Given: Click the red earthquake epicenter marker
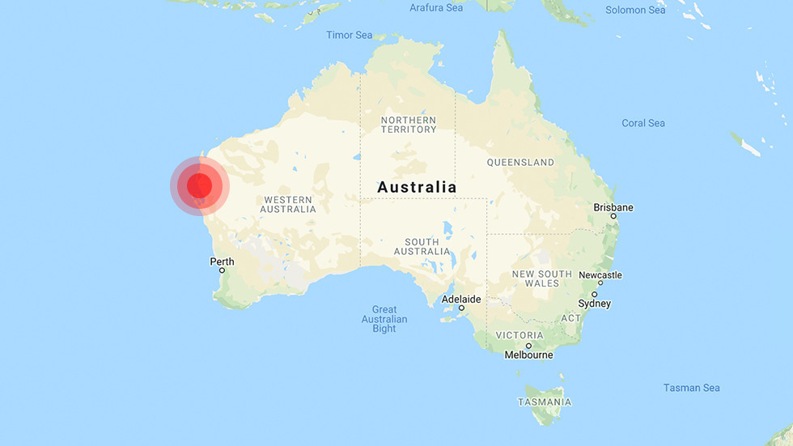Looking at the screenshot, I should click(x=199, y=186).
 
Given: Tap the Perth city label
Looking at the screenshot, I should click(x=222, y=261).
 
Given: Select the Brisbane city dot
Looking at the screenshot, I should click(x=613, y=216).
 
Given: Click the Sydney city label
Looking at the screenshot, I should click(x=594, y=304).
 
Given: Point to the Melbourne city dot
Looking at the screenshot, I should click(x=528, y=346).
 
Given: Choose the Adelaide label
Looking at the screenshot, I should click(x=461, y=299).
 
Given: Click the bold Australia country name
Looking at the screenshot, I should click(x=417, y=187).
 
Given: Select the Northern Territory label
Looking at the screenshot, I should click(x=409, y=125).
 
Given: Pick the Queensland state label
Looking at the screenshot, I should click(x=520, y=163).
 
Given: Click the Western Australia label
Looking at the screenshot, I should click(x=288, y=204).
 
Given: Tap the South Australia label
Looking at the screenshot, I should click(x=422, y=247).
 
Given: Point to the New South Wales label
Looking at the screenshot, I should click(x=541, y=278).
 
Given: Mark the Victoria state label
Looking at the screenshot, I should click(x=519, y=335).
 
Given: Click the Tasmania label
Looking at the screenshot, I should click(x=544, y=402).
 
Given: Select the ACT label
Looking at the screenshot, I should click(x=571, y=318).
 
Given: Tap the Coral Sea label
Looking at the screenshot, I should click(x=643, y=123).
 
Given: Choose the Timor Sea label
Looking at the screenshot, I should click(x=349, y=35).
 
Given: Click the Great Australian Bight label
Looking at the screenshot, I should click(x=384, y=319).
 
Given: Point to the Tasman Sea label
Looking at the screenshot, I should click(x=691, y=388).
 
